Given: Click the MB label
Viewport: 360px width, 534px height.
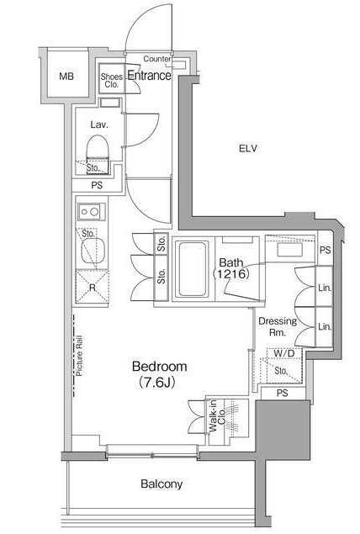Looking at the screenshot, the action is (x=66, y=77).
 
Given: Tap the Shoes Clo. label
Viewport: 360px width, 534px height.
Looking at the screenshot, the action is (x=111, y=81).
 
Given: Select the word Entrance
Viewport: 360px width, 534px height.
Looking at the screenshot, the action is (x=149, y=75).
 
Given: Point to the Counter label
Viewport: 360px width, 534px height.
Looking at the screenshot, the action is (x=156, y=59).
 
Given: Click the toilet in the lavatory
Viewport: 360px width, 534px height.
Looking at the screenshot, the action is (x=98, y=151).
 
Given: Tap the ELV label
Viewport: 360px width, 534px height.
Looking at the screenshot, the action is (x=248, y=149).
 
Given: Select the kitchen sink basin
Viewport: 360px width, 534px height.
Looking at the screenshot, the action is (x=93, y=251).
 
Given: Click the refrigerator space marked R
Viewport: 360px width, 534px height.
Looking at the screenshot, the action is (x=92, y=287).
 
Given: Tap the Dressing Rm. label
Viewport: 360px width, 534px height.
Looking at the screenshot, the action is (x=278, y=326).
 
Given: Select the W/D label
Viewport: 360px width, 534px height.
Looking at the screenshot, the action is (x=283, y=353).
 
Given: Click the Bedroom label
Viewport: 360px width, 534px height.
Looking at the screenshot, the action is (x=160, y=367).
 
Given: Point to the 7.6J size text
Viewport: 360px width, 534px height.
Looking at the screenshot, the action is (x=156, y=383).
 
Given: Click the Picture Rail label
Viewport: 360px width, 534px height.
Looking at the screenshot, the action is (x=79, y=357).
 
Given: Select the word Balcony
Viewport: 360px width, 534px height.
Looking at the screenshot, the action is (x=161, y=484).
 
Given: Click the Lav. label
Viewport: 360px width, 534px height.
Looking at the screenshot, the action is (x=99, y=124).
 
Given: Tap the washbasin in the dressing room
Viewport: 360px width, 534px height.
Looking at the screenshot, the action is (x=290, y=250).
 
